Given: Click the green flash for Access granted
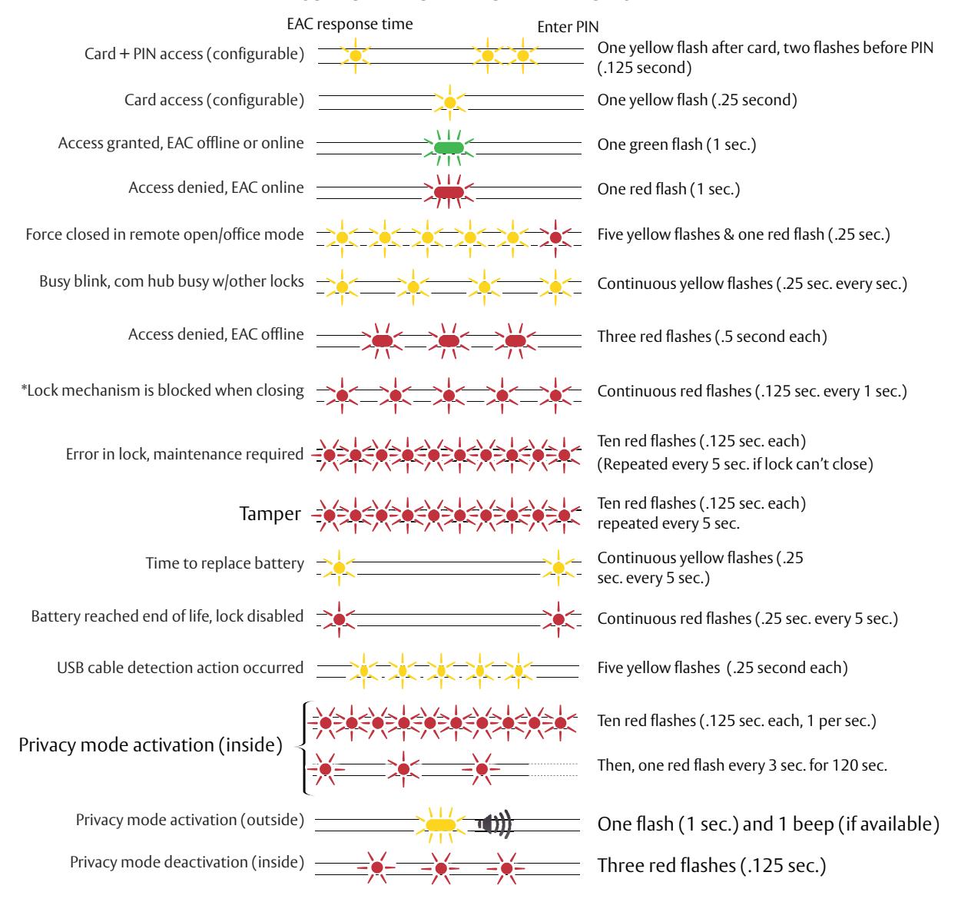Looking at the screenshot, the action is click(x=449, y=148).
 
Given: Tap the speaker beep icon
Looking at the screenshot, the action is click(x=495, y=824).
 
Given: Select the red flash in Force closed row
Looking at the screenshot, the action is click(x=555, y=237).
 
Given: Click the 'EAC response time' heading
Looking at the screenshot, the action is click(x=350, y=24).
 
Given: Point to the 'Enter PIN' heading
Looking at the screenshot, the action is click(x=568, y=27).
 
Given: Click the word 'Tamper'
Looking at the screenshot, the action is click(x=270, y=513).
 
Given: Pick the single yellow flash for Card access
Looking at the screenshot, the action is click(x=449, y=102).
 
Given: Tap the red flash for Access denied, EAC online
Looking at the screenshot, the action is click(x=449, y=192).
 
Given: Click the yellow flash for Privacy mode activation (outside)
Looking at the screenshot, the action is click(x=440, y=824).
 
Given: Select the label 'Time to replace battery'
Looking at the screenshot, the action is click(x=225, y=563).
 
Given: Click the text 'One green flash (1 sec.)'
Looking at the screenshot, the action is click(x=676, y=144).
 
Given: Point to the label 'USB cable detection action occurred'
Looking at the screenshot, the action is click(x=181, y=668).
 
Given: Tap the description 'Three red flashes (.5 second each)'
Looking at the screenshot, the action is click(x=712, y=337).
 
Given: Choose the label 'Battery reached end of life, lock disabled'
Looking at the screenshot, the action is click(x=167, y=616).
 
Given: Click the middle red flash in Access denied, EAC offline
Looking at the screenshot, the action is click(x=449, y=340).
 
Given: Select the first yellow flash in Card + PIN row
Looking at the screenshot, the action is click(x=355, y=55).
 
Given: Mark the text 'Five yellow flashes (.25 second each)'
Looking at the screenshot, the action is click(x=723, y=668).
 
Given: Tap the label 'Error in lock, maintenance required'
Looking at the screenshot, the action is click(x=184, y=454).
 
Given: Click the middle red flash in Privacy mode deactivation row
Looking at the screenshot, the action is click(x=440, y=868).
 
